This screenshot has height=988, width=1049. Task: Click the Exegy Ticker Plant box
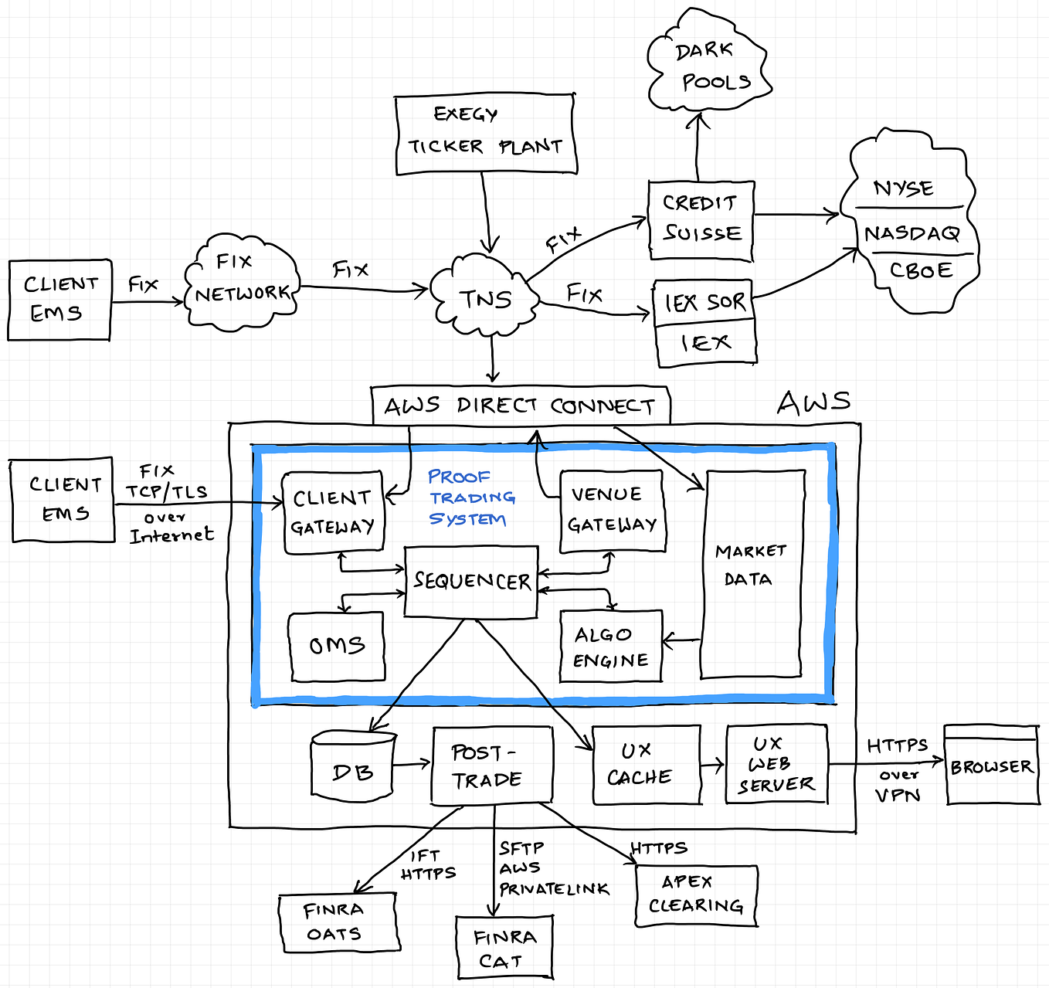(485, 134)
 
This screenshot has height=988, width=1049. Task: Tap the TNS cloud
(485, 298)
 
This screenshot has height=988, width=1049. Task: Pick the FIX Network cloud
(241, 282)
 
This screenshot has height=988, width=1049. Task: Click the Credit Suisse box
(701, 219)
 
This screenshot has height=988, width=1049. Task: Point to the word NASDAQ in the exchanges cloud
(912, 233)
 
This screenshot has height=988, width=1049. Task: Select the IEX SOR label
(704, 302)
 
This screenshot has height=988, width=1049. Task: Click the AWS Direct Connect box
(520, 406)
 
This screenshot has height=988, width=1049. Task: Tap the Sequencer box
(471, 581)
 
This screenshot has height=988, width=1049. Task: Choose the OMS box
(337, 646)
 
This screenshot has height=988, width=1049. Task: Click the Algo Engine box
(610, 647)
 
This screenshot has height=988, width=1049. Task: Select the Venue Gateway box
(612, 511)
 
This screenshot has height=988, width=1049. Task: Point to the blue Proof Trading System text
(468, 497)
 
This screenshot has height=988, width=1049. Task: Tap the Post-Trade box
(491, 766)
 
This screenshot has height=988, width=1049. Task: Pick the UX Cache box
(646, 764)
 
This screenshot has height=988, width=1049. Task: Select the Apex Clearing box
(696, 895)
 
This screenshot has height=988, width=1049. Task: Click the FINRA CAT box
(504, 949)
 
